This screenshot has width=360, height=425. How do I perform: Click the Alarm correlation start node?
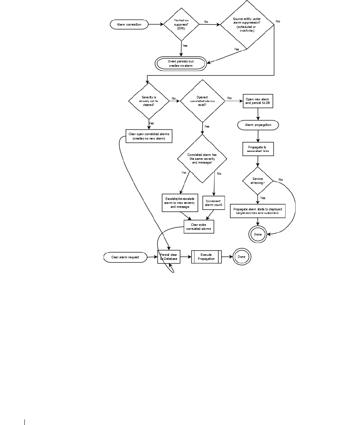[x=126, y=24]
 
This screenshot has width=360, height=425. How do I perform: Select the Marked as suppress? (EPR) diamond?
[x=181, y=24]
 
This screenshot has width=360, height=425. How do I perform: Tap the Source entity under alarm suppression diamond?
[x=246, y=25]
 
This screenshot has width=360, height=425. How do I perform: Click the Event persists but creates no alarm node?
[x=181, y=63]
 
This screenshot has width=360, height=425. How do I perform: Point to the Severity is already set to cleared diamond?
[x=149, y=101]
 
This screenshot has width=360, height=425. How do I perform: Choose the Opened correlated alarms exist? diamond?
[x=202, y=101]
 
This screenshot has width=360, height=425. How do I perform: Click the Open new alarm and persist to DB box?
[x=258, y=101]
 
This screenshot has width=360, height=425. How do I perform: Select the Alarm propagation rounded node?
[x=258, y=125]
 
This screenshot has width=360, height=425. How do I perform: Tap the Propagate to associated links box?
[x=258, y=149]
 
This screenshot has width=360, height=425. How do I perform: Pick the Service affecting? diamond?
[x=258, y=181]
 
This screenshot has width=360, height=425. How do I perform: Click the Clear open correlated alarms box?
[x=148, y=136]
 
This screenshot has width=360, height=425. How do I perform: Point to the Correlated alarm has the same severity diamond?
[x=202, y=158]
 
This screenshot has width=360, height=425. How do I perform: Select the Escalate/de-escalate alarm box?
[x=180, y=203]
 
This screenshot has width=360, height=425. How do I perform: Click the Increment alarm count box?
[x=214, y=203]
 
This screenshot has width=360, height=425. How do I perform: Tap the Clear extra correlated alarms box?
[x=199, y=227]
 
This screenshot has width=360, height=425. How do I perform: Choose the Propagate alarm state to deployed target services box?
[x=258, y=211]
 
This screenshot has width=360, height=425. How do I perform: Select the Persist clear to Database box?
[x=169, y=257]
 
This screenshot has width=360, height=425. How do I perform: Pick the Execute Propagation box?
[x=206, y=257]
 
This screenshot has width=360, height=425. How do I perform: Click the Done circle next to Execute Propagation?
[x=242, y=257]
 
